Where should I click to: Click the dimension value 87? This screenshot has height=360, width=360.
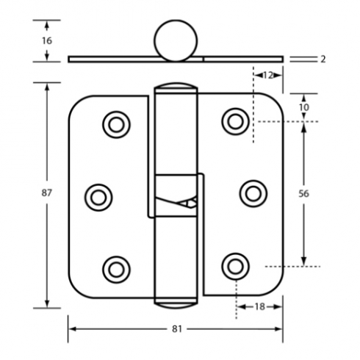[46, 193]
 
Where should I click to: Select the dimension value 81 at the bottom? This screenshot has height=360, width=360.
[177, 329]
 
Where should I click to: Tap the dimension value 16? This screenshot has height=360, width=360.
[47, 40]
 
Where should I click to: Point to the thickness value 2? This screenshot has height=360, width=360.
[323, 59]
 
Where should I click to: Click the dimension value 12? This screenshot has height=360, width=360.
[268, 76]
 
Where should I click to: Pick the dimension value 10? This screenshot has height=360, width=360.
[304, 107]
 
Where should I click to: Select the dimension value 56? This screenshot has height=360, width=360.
[303, 194]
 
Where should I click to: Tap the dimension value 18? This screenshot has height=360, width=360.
[260, 306]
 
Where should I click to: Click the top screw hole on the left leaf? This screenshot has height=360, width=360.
[116, 125]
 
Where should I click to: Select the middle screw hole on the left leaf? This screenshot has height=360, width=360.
[98, 198]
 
